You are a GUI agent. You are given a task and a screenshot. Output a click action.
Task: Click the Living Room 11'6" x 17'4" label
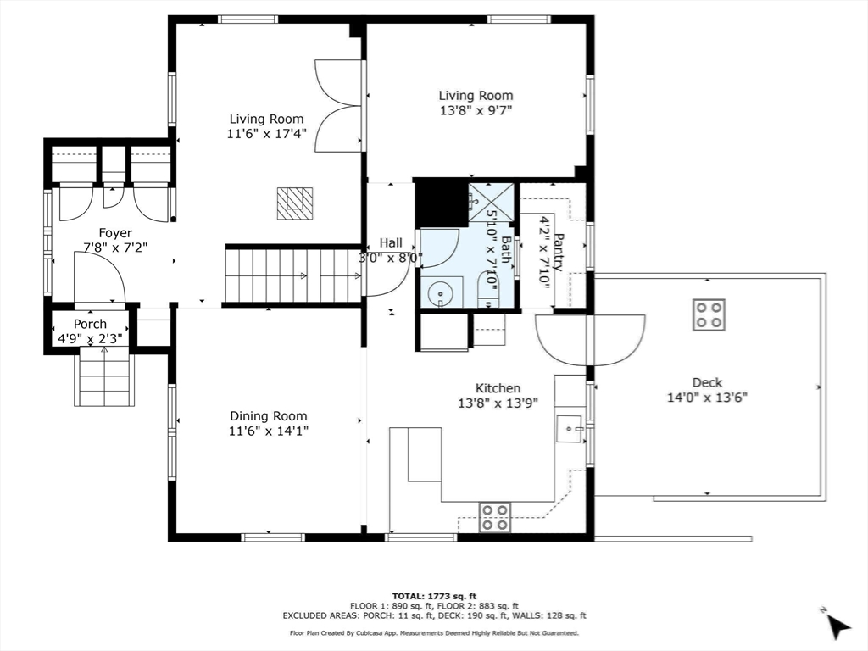click(267, 126)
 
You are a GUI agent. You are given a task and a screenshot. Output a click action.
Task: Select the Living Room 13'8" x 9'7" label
click(476, 103)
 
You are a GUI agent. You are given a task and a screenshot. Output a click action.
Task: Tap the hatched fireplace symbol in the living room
click(295, 203)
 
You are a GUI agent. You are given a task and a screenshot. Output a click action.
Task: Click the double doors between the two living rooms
click(339, 106)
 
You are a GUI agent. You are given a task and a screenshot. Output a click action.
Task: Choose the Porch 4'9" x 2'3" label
click(90, 331)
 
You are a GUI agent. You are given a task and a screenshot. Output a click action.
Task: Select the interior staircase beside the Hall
click(292, 275)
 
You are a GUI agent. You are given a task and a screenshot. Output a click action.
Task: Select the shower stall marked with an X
click(491, 202)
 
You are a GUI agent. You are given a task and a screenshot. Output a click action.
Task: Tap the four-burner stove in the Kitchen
click(495, 516)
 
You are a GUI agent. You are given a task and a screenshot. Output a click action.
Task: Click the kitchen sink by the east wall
click(570, 429)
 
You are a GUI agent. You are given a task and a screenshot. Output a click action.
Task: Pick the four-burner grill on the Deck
click(709, 314)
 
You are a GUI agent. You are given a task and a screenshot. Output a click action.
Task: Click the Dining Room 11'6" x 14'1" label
click(268, 423)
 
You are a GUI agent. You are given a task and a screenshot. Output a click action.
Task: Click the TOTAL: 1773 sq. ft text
click(433, 595)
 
